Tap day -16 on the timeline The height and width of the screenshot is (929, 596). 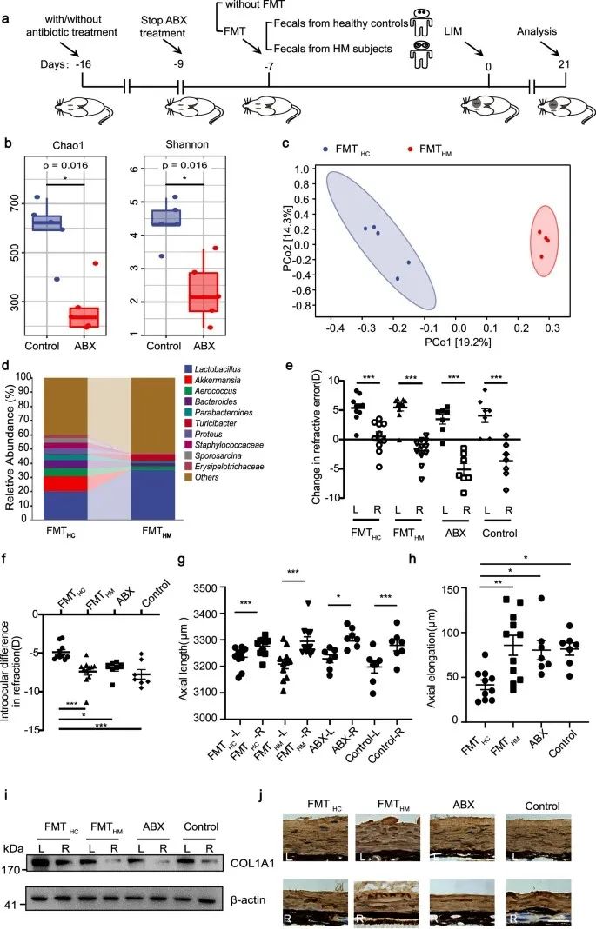(83, 64)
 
